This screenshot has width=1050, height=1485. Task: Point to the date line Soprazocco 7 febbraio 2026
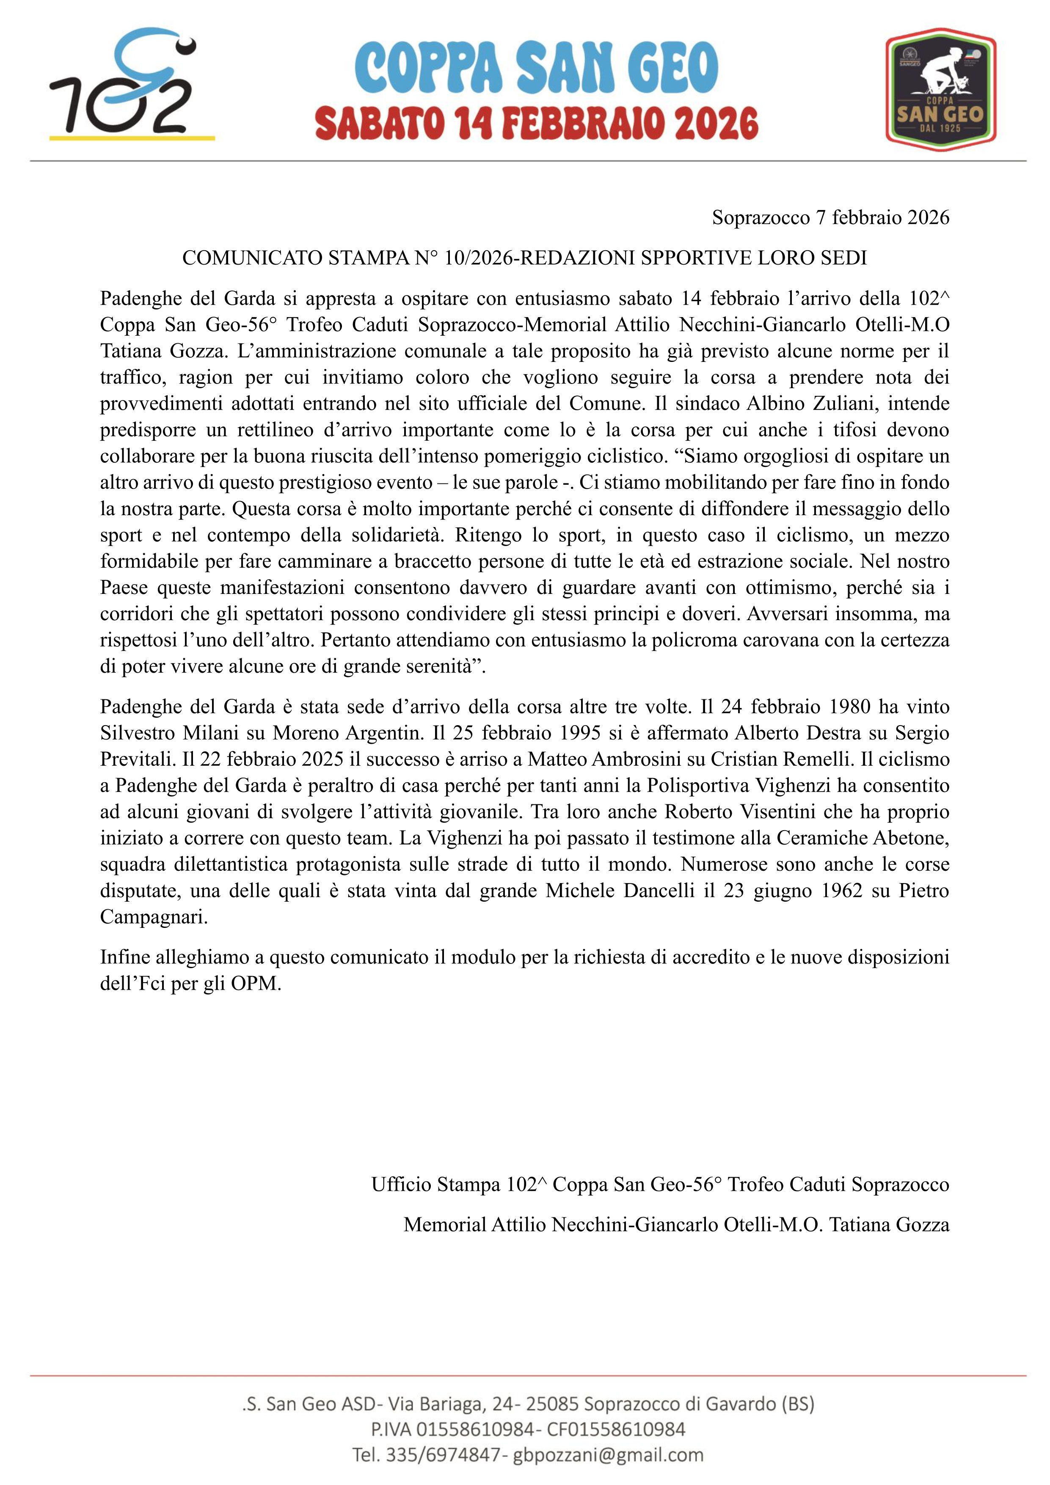pos(830,217)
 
